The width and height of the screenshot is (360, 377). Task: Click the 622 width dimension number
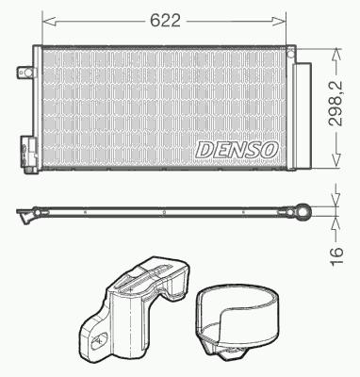coord(165,21)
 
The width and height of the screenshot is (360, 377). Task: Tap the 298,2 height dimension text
coord(335,104)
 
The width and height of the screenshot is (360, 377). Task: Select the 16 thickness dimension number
coord(336,255)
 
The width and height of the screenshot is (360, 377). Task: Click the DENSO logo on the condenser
coord(237,149)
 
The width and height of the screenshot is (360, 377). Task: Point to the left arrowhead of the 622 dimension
coord(49,21)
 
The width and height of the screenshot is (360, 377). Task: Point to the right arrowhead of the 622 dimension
coord(279,21)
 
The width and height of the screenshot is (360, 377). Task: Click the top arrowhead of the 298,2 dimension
coord(336,54)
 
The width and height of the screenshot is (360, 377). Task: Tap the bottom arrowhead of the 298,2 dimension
coord(336,160)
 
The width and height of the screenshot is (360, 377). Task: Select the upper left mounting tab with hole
coord(25,73)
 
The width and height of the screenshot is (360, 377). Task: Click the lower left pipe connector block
coord(29,154)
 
